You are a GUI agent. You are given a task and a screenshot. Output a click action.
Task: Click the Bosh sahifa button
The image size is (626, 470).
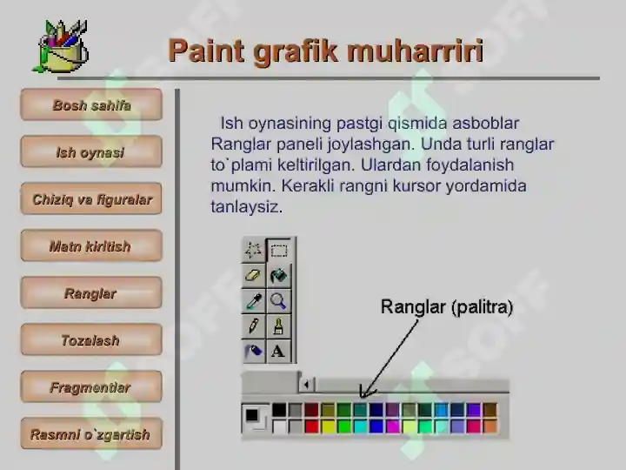[x=91, y=104]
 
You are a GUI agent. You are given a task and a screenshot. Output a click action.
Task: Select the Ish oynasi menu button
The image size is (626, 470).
[x=91, y=151]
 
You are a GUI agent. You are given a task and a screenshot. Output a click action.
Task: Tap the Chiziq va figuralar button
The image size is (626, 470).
[x=91, y=198]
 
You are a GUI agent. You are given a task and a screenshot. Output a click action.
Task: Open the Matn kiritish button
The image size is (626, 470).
[x=91, y=245]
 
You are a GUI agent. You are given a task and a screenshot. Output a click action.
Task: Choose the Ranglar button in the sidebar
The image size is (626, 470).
[x=91, y=292]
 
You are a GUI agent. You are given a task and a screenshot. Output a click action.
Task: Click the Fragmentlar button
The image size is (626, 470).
[x=91, y=386]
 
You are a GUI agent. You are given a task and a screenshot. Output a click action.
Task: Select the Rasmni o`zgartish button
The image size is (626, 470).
[x=91, y=433]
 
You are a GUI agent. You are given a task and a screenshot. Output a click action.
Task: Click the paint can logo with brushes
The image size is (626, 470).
[x=61, y=46]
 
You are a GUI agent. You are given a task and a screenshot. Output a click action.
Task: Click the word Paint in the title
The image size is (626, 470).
[x=206, y=50]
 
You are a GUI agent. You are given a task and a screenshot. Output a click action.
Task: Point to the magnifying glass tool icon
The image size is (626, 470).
[x=278, y=300]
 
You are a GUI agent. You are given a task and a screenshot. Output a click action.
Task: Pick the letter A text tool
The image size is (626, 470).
[x=278, y=352]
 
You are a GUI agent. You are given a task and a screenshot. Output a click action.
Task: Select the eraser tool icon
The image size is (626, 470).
[x=253, y=275]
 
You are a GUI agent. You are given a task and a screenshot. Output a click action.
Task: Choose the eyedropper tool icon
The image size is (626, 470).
[x=254, y=301]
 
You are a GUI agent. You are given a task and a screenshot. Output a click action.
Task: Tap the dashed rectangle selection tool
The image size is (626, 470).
[x=279, y=251]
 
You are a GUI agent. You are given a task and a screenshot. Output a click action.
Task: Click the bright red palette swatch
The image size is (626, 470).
[x=311, y=426]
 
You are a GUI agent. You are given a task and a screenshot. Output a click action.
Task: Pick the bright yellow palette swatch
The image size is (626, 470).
[x=328, y=426]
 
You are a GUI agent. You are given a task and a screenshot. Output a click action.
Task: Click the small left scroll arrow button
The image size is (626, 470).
[x=307, y=385]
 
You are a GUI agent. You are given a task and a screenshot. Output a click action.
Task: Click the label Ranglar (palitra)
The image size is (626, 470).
[x=447, y=307]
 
